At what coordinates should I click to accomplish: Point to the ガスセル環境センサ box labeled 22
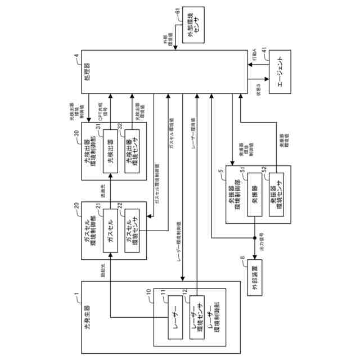pos(132,231)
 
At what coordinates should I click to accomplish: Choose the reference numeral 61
pos(178,11)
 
